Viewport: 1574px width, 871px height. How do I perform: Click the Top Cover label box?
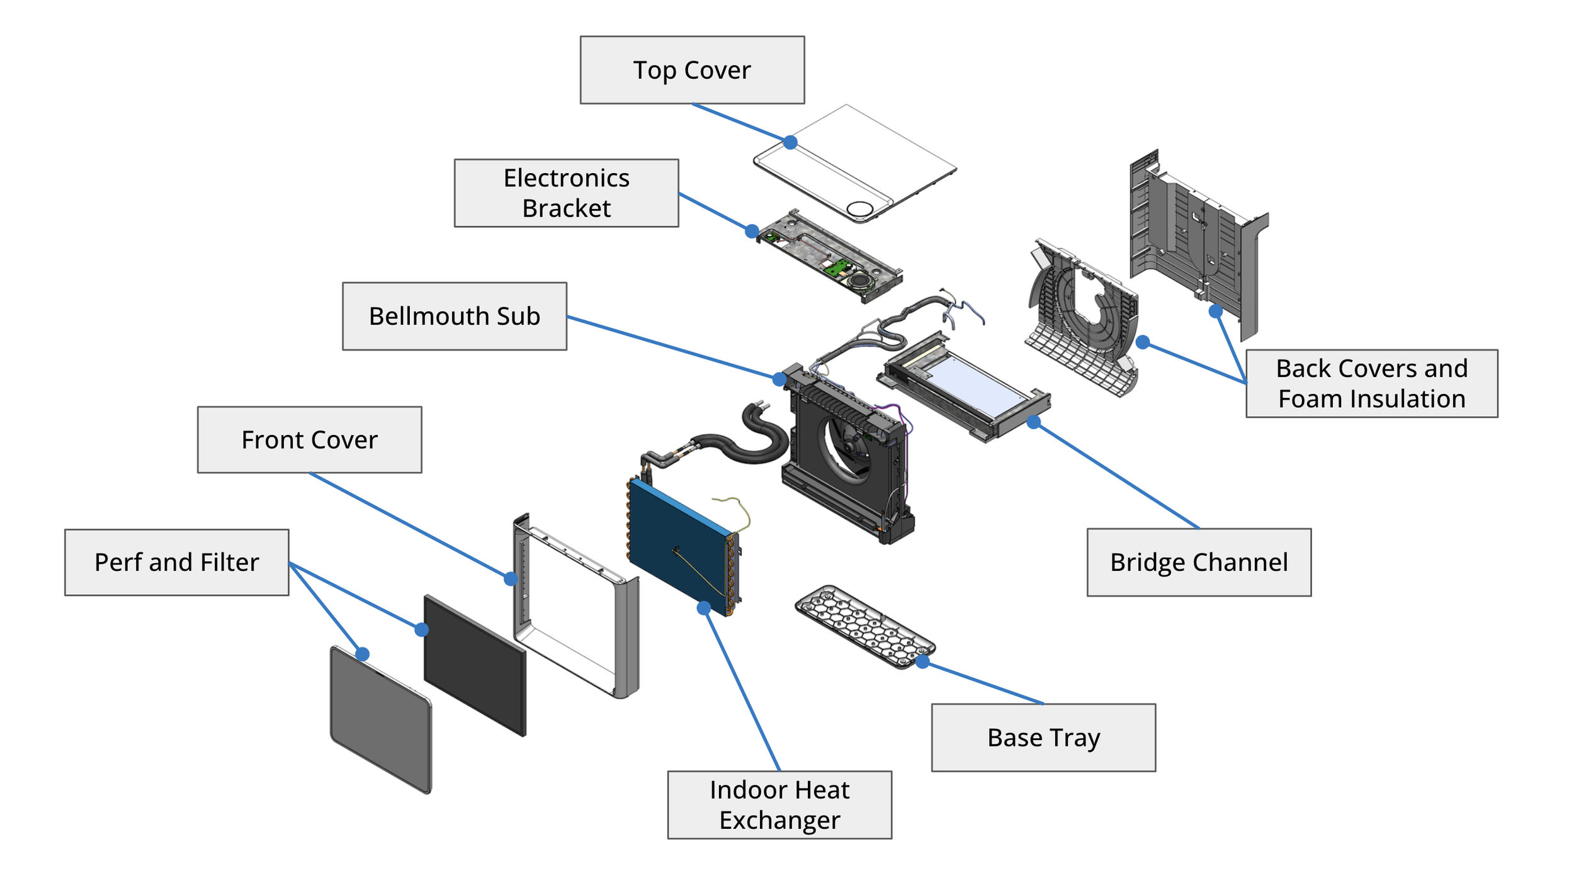point(692,70)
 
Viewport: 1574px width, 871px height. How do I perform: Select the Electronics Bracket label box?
point(566,193)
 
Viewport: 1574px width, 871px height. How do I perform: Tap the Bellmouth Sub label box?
point(454,316)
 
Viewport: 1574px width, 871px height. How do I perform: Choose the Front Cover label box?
point(309,439)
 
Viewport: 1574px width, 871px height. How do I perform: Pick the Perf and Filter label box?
point(176,562)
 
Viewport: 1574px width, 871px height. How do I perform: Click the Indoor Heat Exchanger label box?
point(779,804)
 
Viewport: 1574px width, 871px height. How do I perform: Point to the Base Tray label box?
point(1043,737)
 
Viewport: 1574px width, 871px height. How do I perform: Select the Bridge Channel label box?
point(1199,562)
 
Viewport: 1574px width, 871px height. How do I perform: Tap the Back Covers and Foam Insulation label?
point(1371,383)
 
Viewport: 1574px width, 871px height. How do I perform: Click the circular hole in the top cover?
point(860,209)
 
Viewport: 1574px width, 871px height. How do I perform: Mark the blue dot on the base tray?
point(922,661)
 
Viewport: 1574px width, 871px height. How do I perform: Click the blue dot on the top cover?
point(790,142)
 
